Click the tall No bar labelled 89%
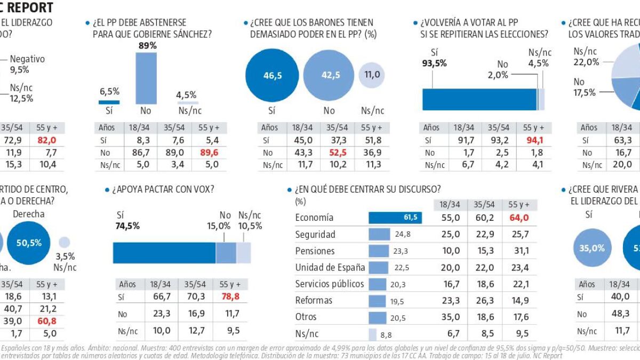click(x=146, y=78)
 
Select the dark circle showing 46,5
click(x=273, y=76)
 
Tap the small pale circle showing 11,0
click(x=372, y=75)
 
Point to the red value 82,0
click(x=46, y=140)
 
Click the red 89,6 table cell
click(x=209, y=153)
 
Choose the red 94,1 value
click(x=533, y=141)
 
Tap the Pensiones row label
click(x=315, y=251)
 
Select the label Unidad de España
click(x=331, y=267)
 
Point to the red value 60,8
click(x=46, y=322)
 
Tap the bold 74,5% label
click(x=128, y=226)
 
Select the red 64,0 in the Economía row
click(x=518, y=218)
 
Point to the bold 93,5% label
click(x=435, y=63)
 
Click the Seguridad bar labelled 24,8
click(x=379, y=234)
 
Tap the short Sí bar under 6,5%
click(x=109, y=102)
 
